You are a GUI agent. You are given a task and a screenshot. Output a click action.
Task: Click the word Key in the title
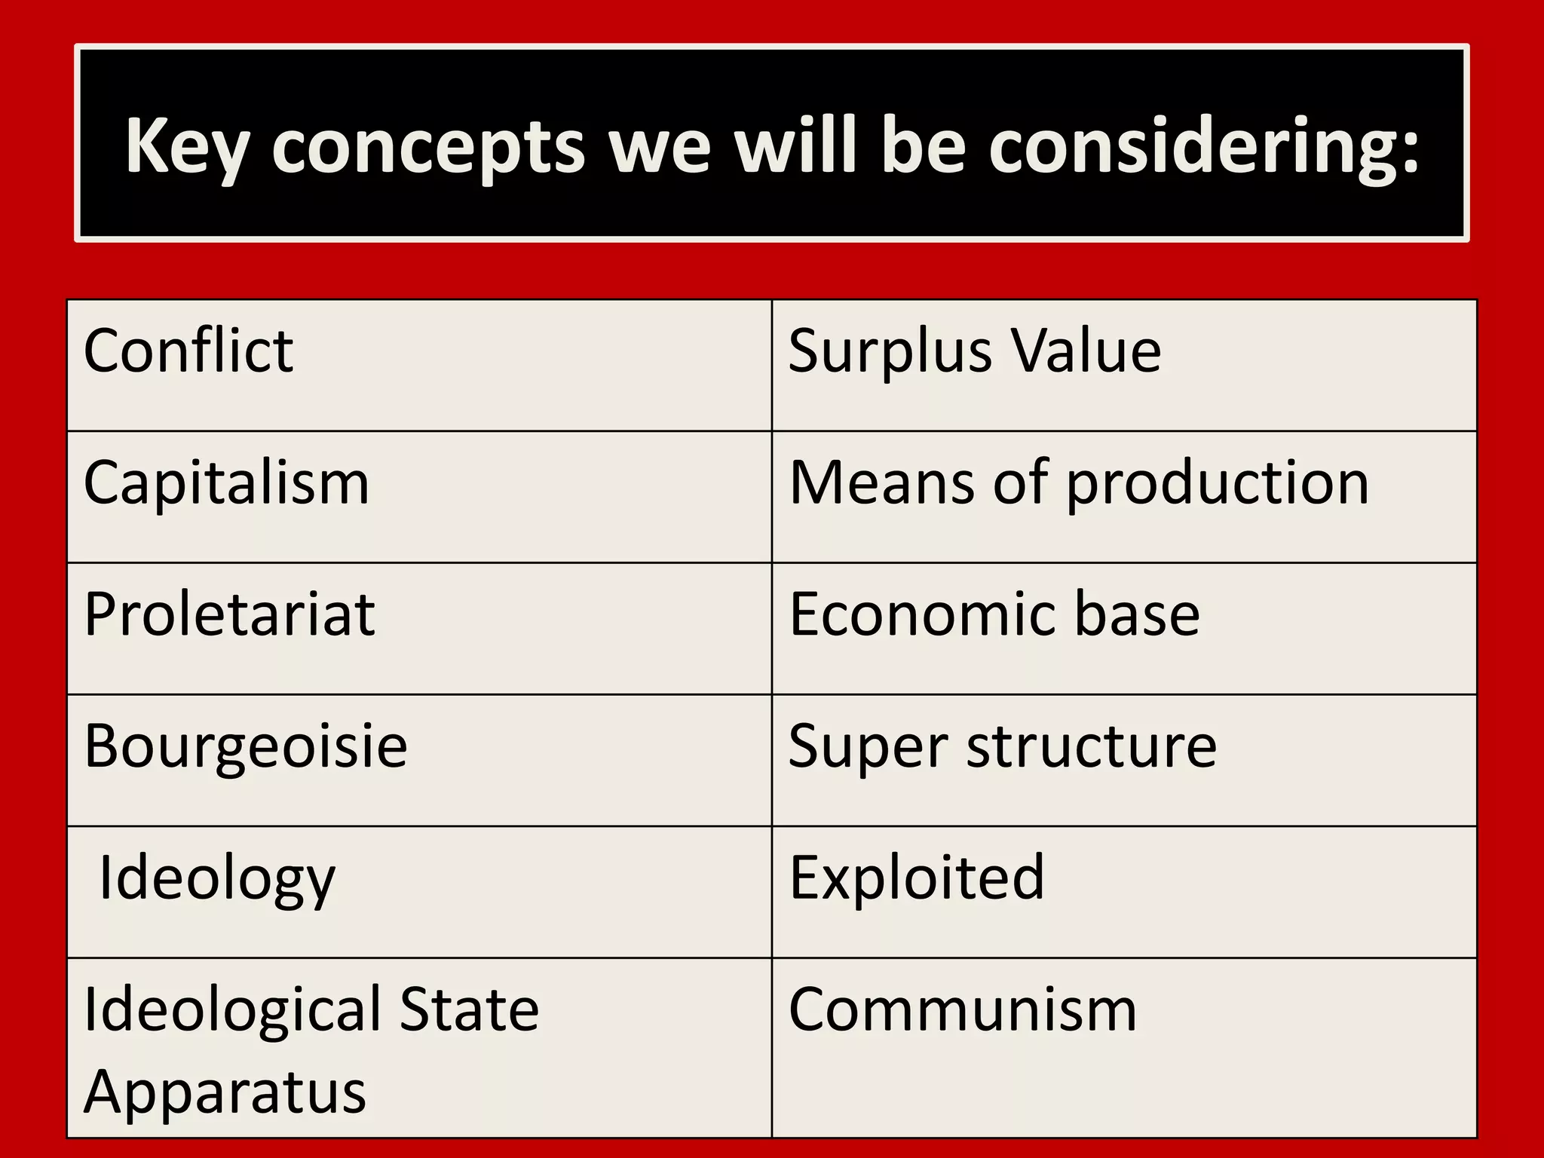click(x=185, y=147)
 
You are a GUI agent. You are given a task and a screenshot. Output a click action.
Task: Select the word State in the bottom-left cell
click(x=469, y=1009)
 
